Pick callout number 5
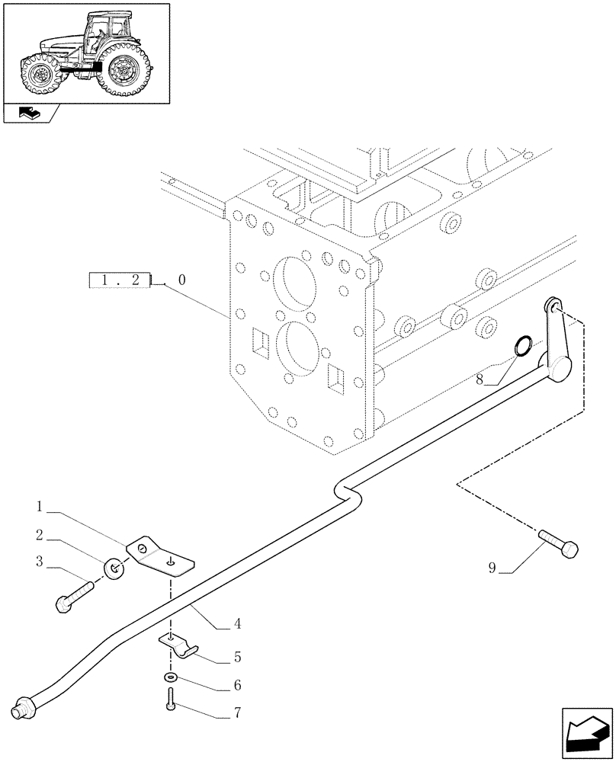click(x=238, y=655)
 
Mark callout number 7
click(x=239, y=714)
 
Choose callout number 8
click(x=480, y=378)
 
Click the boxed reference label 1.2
click(x=120, y=280)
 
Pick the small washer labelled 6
click(x=168, y=677)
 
